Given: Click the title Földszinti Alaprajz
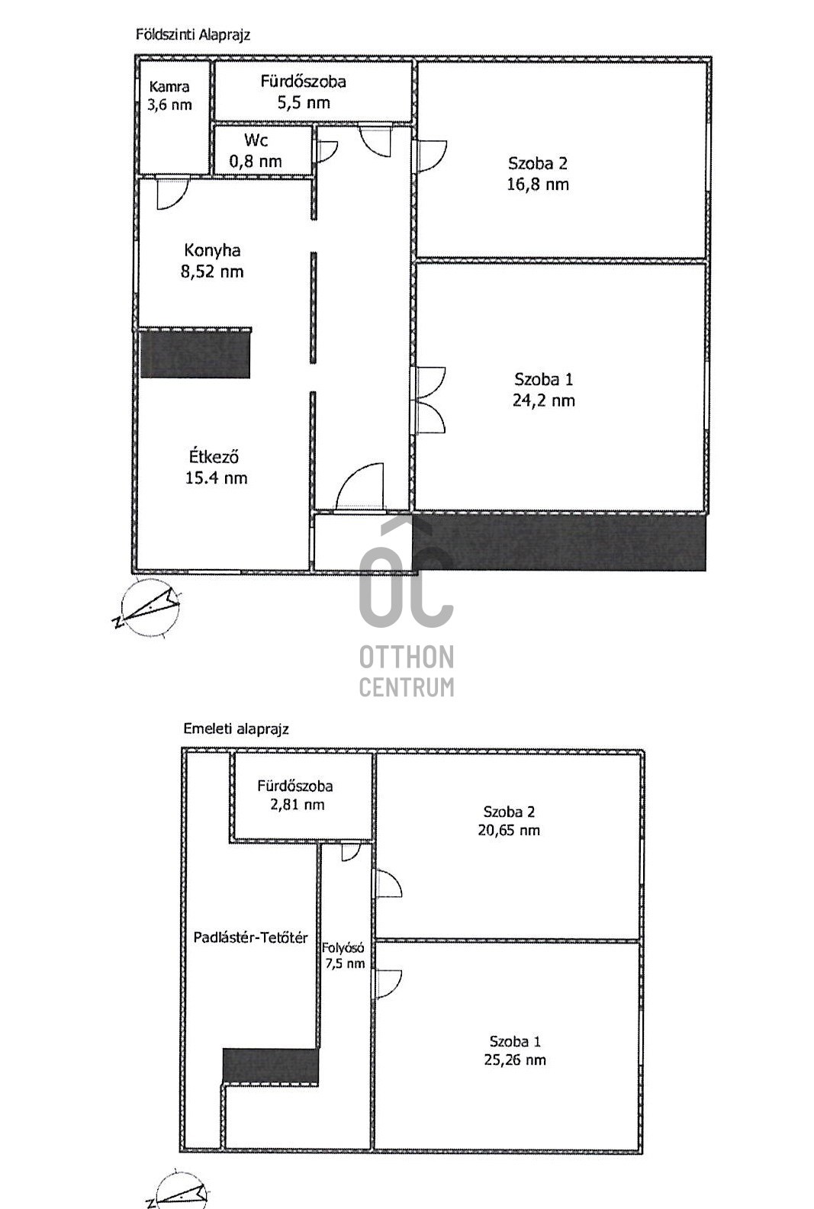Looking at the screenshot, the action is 193,35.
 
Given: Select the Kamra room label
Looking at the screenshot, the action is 169,86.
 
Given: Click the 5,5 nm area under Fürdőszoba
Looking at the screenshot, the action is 304,102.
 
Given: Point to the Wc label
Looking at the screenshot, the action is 256,140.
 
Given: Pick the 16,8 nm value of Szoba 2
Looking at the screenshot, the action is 538,185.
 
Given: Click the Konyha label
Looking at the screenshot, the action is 212,250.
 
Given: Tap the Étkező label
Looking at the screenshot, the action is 214,457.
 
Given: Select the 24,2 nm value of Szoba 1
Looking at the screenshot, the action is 544,400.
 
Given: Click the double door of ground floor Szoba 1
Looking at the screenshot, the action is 430,400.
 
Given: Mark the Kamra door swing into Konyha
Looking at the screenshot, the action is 172,192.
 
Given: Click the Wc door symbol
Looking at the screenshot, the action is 326,151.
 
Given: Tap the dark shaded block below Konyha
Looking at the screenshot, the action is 195,354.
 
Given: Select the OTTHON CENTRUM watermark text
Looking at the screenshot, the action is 407,671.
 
